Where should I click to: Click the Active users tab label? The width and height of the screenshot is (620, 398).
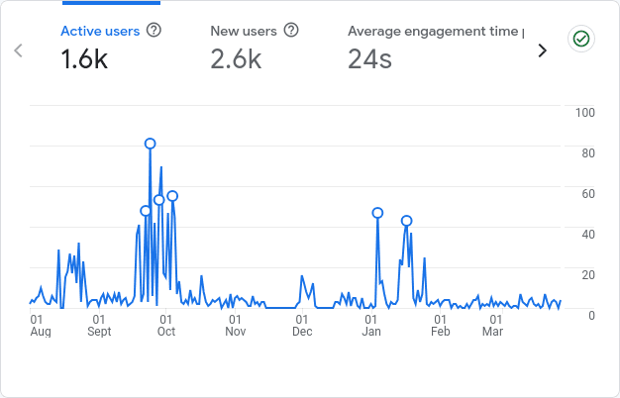click(100, 31)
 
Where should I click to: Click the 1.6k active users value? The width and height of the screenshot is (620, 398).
click(84, 59)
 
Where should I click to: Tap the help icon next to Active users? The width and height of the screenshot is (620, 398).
click(154, 31)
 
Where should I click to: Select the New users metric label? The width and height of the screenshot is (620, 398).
click(243, 31)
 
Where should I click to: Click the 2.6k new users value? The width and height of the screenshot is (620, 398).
click(236, 59)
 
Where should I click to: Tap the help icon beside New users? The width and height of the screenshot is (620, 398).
click(291, 31)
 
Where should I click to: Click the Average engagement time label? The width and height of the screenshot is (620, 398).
click(436, 31)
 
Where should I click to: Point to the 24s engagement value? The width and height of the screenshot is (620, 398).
click(369, 59)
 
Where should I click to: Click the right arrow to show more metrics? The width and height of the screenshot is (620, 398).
click(542, 50)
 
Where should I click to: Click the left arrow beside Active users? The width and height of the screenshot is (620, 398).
click(18, 50)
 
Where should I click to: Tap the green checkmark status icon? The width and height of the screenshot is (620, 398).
click(580, 39)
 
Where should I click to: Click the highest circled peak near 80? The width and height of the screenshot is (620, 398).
click(151, 144)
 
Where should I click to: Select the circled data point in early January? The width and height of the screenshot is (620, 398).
click(377, 213)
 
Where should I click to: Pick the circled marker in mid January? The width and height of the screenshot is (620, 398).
click(406, 221)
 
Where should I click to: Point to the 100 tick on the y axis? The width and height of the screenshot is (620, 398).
click(584, 112)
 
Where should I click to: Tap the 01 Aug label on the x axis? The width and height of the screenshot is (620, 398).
click(40, 326)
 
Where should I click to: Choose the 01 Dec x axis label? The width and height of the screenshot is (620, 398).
click(302, 326)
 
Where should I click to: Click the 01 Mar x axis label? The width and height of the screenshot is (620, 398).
click(492, 326)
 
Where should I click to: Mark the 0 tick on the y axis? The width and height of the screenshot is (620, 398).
click(591, 315)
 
